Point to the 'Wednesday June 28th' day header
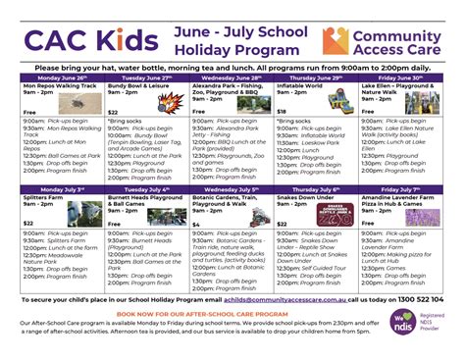pyautogui.click(x=232, y=77)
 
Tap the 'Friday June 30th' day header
pyautogui.click(x=402, y=77)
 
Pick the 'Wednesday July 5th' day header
pyautogui.click(x=232, y=187)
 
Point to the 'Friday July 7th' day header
pyautogui.click(x=402, y=187)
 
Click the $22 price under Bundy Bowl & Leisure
pyautogui.click(x=113, y=113)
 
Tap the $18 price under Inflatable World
pyautogui.click(x=282, y=113)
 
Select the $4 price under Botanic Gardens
pyautogui.click(x=196, y=225)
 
